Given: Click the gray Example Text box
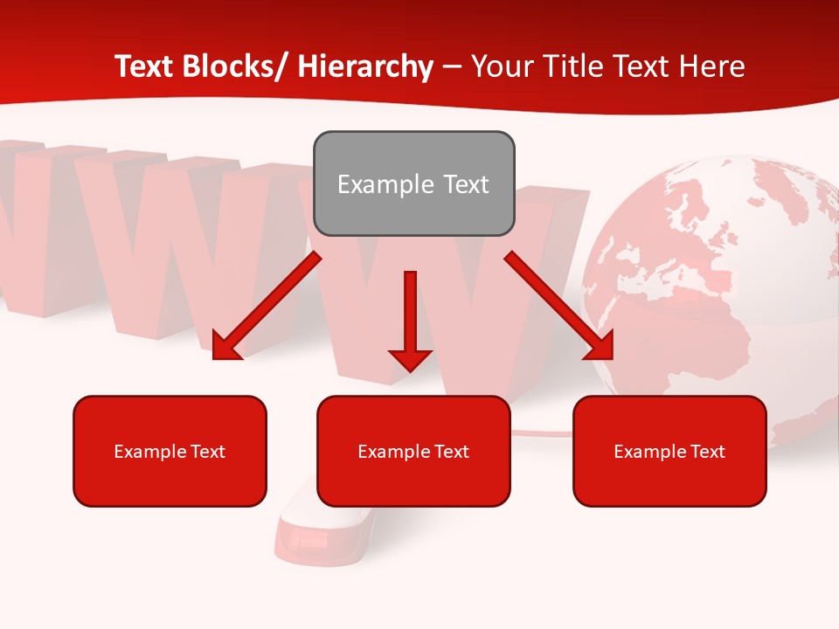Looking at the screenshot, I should [x=413, y=183].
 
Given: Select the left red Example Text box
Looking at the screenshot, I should [x=170, y=451].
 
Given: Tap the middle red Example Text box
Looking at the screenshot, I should [x=413, y=451].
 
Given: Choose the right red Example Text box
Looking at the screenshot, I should [x=669, y=451].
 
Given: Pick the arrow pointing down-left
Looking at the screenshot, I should [x=267, y=306].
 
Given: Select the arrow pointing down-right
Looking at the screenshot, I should [x=559, y=306].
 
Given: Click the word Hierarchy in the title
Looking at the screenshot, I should [x=365, y=66].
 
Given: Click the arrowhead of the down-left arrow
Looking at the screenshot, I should [x=225, y=346].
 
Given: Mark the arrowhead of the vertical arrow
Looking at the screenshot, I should [x=410, y=359].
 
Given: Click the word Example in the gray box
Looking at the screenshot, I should [x=373, y=184].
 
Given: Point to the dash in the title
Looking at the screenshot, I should [x=452, y=67].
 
